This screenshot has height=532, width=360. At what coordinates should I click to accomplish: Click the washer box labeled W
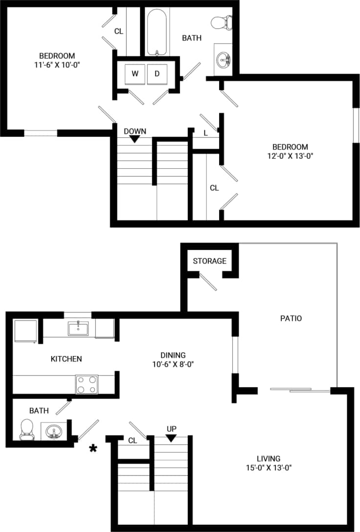pyautogui.click(x=135, y=74)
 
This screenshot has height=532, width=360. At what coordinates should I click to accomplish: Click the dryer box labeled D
pyautogui.click(x=157, y=74)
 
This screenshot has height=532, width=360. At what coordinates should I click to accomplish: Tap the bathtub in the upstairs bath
pyautogui.click(x=157, y=32)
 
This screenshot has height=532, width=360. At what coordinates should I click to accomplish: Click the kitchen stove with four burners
pyautogui.click(x=87, y=384)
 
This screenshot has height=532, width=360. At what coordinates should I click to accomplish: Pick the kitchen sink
pyautogui.click(x=78, y=328)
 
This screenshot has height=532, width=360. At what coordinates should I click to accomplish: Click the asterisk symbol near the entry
pyautogui.click(x=92, y=448)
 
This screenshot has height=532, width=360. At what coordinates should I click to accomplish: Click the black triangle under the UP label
pyautogui.click(x=171, y=439)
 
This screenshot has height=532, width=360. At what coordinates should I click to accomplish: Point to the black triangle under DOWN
pyautogui.click(x=135, y=139)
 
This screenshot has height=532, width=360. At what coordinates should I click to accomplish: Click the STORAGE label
pyautogui.click(x=209, y=261)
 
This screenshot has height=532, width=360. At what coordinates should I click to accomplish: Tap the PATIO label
pyautogui.click(x=291, y=318)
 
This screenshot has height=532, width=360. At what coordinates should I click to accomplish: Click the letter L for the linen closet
pyautogui.click(x=205, y=133)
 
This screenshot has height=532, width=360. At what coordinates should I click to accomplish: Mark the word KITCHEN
pyautogui.click(x=66, y=359)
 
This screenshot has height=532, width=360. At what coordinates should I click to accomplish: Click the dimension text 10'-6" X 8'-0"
pyautogui.click(x=173, y=364)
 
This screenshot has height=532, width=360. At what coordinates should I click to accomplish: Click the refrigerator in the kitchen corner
pyautogui.click(x=24, y=331)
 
